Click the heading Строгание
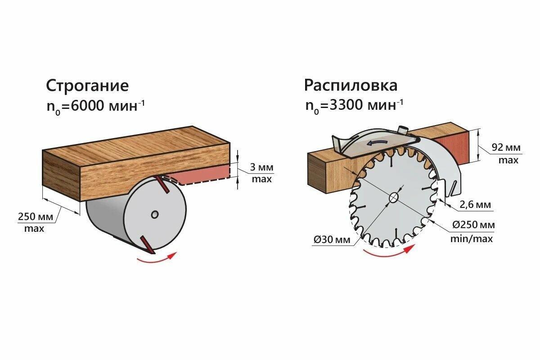(x=87, y=85)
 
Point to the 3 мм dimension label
(x=261, y=167)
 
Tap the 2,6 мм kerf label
(x=475, y=205)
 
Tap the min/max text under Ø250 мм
(x=472, y=238)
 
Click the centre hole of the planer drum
(x=155, y=215)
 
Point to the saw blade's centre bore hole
(x=393, y=198)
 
